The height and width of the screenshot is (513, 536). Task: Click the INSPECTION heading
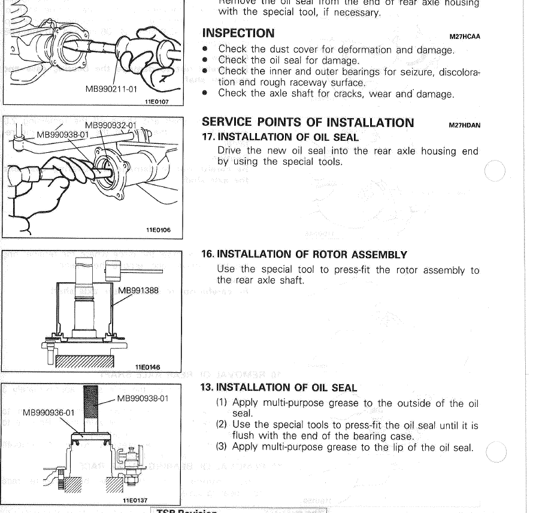pos(238,33)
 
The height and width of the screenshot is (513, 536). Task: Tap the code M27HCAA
pos(465,37)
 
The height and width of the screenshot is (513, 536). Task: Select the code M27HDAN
pos(465,126)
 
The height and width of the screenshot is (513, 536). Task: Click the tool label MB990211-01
pos(111,89)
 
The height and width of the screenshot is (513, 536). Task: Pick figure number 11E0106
pos(158,228)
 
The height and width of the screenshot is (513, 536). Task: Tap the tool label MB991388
pos(138,291)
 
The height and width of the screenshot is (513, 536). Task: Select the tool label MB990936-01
pos(49,412)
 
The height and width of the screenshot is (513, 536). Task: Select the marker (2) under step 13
pos(223,425)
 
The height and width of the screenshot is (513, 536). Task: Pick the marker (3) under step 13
pos(223,447)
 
